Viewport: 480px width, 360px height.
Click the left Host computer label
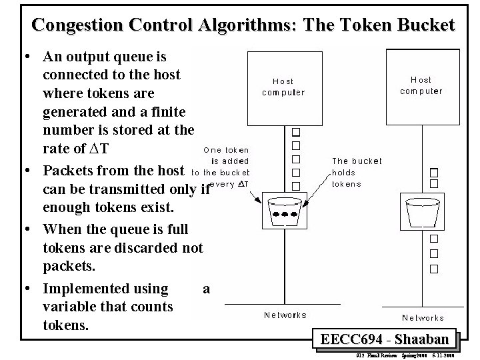click(x=283, y=87)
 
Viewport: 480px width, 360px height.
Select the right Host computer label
click(x=421, y=85)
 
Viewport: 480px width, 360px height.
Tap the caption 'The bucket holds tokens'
click(x=357, y=172)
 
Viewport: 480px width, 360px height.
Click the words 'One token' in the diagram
click(x=226, y=150)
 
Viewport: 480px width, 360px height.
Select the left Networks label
click(x=285, y=315)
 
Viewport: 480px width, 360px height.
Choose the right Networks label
click(x=423, y=318)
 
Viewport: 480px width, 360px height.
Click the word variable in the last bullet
click(x=70, y=307)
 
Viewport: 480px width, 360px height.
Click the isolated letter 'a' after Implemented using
click(x=206, y=289)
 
